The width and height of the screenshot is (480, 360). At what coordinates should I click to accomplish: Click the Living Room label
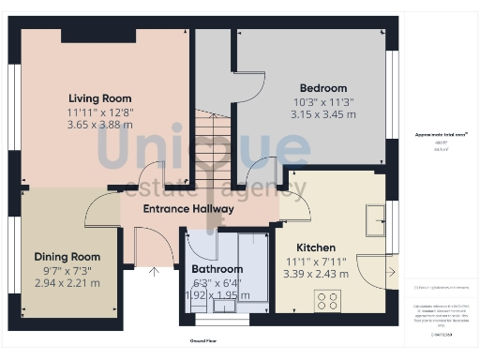point(99,98)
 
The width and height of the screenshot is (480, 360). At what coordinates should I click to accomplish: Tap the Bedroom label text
point(322,88)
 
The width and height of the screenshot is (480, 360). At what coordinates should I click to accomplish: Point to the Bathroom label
point(217,269)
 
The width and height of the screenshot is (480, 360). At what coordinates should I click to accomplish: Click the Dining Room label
point(67,256)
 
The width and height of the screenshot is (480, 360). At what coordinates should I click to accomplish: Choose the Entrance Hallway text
point(187,208)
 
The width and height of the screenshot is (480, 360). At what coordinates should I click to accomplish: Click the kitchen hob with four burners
point(329,301)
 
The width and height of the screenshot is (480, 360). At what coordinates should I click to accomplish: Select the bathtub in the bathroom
point(254,266)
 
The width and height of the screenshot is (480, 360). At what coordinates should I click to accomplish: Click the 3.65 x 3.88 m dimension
point(99,123)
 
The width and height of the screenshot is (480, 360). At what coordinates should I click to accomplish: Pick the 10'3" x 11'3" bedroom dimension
point(322,101)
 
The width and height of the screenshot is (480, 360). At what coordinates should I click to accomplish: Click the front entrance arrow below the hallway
point(155,274)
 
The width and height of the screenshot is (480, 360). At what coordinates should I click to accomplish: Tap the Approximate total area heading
point(440,136)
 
